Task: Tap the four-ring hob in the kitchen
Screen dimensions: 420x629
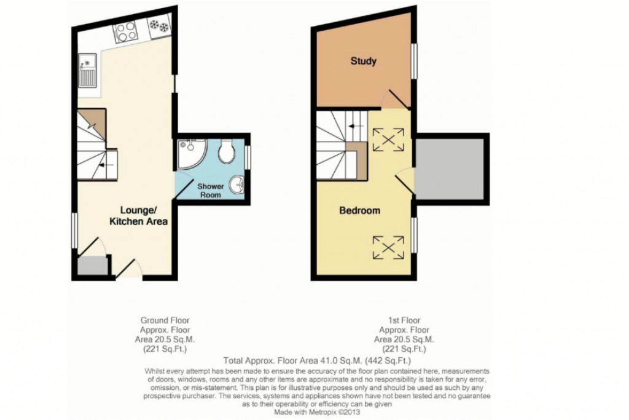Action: click(126, 31)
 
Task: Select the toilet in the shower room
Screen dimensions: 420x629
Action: click(226, 152)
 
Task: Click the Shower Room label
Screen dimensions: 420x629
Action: click(209, 190)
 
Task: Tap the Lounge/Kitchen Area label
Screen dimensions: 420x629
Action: click(138, 216)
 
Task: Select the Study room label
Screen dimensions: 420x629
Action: click(363, 61)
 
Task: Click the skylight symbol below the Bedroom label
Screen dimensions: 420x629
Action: click(389, 248)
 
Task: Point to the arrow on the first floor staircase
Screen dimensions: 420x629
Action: click(353, 127)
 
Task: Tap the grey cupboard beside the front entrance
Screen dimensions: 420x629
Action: click(92, 266)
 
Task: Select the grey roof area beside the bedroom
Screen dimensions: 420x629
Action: click(451, 170)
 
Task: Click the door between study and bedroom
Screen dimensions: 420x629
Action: click(395, 100)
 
